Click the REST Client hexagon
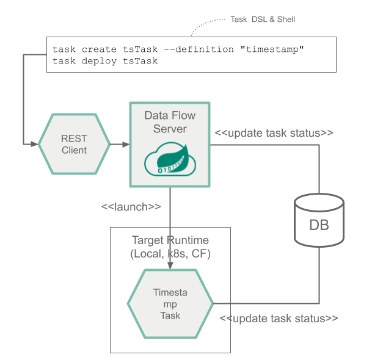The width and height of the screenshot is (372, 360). point(74,145)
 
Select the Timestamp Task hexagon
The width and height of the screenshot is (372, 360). point(170,303)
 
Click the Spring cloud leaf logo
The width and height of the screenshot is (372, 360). point(169,161)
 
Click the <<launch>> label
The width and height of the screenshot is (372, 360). point(131,206)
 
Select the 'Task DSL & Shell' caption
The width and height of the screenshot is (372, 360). point(263,20)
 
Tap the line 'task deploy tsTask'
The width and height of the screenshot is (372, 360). point(105,60)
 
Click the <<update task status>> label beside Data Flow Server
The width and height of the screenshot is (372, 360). point(274,133)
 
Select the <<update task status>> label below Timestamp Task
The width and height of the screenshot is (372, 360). point(279,319)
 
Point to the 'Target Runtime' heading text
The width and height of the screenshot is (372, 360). point(170,241)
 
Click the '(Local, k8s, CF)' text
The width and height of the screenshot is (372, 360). point(170,253)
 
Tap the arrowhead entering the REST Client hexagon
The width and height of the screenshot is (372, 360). point(35,145)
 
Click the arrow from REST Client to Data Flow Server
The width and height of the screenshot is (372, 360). point(120,145)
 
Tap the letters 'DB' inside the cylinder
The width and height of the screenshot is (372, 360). point(319,225)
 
